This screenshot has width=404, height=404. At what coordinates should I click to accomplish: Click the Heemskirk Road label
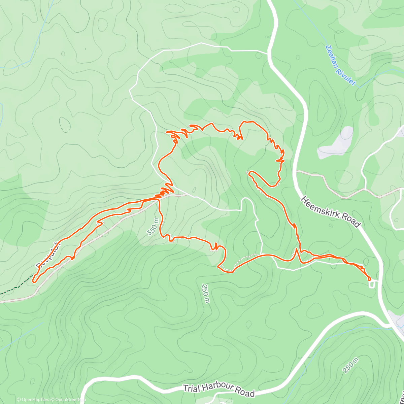tap(330, 212)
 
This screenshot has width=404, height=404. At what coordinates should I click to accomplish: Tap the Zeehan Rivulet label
tap(340, 65)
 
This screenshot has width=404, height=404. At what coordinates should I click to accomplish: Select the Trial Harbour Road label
tap(218, 391)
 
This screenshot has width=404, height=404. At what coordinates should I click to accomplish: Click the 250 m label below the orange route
tap(206, 293)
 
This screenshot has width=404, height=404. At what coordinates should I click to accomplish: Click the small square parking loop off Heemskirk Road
tap(372, 284)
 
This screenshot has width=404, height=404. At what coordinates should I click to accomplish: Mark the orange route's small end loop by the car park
tap(369, 278)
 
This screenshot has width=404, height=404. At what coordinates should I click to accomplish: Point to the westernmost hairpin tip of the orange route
tap(33, 279)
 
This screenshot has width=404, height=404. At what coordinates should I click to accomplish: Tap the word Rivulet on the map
tap(347, 73)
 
